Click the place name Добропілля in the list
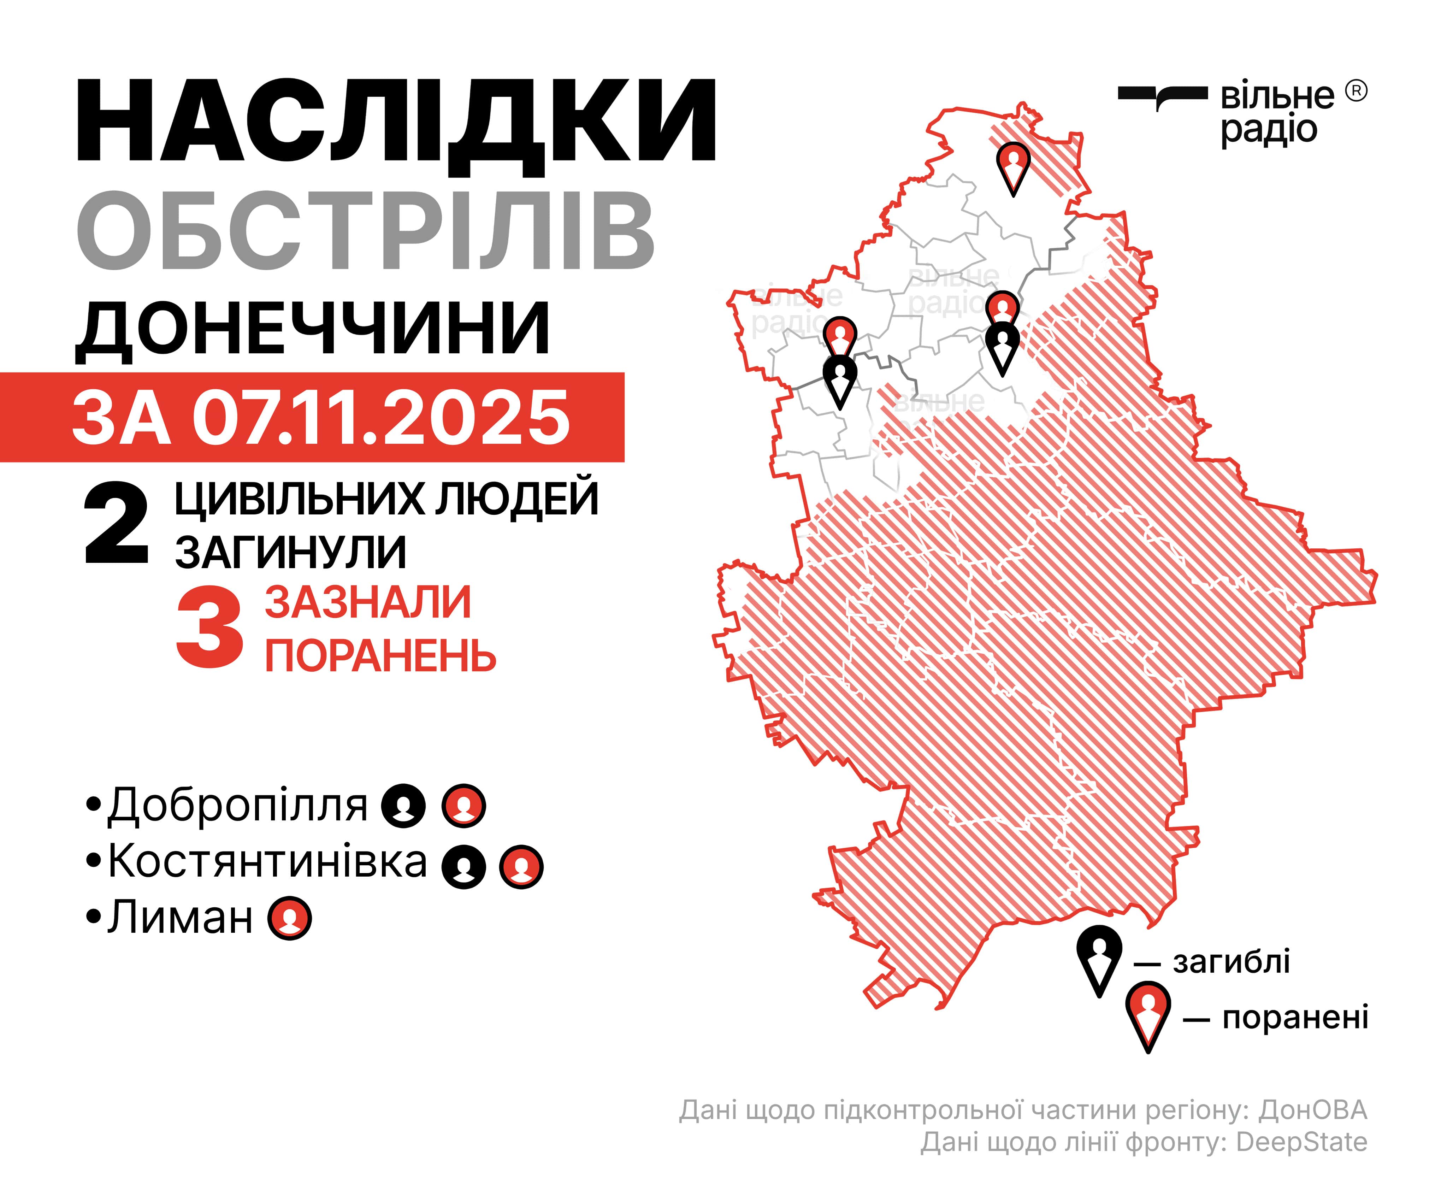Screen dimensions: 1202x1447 click(x=238, y=805)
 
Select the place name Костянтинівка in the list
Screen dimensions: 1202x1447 click(x=267, y=861)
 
